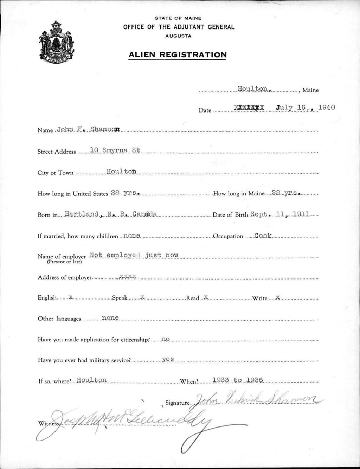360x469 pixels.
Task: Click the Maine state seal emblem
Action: (57, 41)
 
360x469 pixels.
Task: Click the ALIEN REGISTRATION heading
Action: (178, 55)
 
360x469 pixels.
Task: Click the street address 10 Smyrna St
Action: (115, 150)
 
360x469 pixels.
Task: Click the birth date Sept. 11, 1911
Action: (280, 214)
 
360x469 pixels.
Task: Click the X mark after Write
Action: (277, 297)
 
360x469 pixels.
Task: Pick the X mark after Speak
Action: (142, 297)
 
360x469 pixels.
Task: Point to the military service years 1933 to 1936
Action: (238, 380)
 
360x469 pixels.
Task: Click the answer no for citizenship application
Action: (166, 339)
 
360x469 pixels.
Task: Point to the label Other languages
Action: (59, 319)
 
